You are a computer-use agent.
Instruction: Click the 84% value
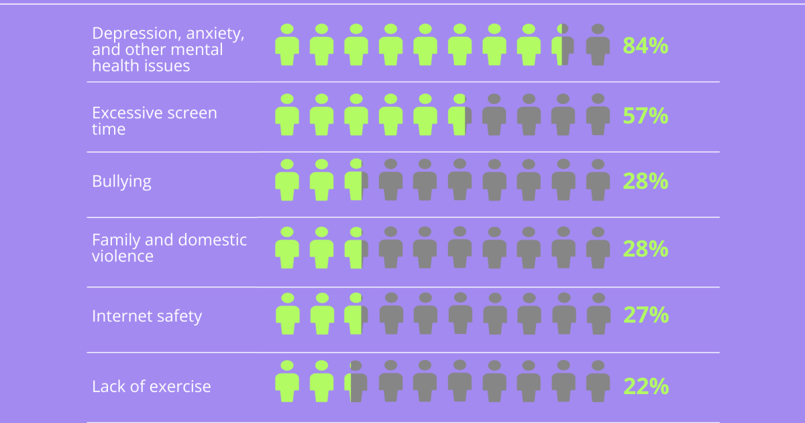[645, 46]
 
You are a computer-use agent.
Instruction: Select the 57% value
[645, 116]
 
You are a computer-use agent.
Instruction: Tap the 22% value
[645, 387]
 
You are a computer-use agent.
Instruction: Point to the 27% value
[645, 315]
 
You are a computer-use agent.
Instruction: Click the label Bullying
[121, 181]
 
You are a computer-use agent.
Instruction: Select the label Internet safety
[147, 316]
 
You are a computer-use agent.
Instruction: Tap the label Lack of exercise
[152, 387]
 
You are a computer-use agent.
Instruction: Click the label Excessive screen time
[154, 121]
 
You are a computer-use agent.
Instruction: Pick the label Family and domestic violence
[169, 248]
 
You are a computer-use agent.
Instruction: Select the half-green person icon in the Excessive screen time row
[460, 115]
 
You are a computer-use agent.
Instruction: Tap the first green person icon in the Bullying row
[287, 181]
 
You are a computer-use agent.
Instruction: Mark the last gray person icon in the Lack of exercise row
[598, 383]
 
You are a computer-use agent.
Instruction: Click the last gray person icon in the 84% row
[598, 46]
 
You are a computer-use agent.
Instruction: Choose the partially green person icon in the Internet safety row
[356, 315]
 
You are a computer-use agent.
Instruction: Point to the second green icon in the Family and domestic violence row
[321, 248]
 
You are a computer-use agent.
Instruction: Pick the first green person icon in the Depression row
[287, 46]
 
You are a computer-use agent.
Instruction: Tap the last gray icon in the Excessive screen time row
[598, 115]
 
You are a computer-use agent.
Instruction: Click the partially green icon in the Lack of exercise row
[356, 383]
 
